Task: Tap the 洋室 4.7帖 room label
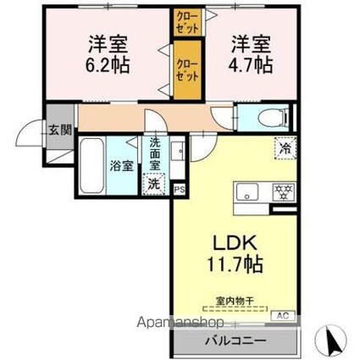[251, 52]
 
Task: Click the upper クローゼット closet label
[184, 21]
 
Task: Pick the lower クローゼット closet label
[184, 67]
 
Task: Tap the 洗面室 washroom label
[156, 153]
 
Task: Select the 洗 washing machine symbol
[155, 183]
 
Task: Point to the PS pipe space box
[180, 191]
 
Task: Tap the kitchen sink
[246, 191]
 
